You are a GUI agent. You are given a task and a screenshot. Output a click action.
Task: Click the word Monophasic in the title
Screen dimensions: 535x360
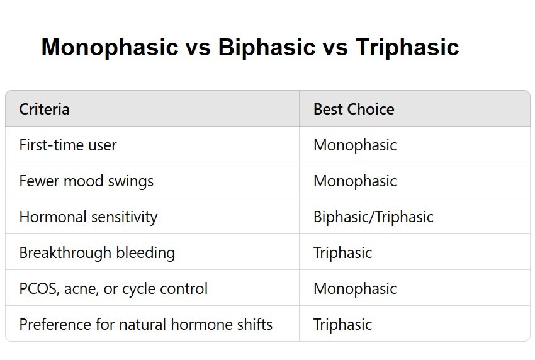[110, 47]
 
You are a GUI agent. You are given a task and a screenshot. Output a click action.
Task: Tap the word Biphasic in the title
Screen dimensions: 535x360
[266, 47]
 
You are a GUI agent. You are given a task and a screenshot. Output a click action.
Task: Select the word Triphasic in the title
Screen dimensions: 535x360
[407, 47]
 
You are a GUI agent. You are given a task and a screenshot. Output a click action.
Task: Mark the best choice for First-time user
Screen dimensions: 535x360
[355, 145]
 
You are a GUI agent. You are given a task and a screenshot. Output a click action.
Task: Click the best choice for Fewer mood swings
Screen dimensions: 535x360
[355, 181]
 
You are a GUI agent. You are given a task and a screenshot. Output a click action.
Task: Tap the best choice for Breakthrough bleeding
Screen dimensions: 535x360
[342, 253]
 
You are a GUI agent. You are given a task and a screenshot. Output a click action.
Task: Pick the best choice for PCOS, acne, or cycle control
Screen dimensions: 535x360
[355, 289]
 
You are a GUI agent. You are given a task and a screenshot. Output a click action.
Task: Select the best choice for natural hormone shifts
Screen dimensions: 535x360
[342, 325]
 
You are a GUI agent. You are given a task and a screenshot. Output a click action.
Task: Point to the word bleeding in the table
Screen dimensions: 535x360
[145, 253]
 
